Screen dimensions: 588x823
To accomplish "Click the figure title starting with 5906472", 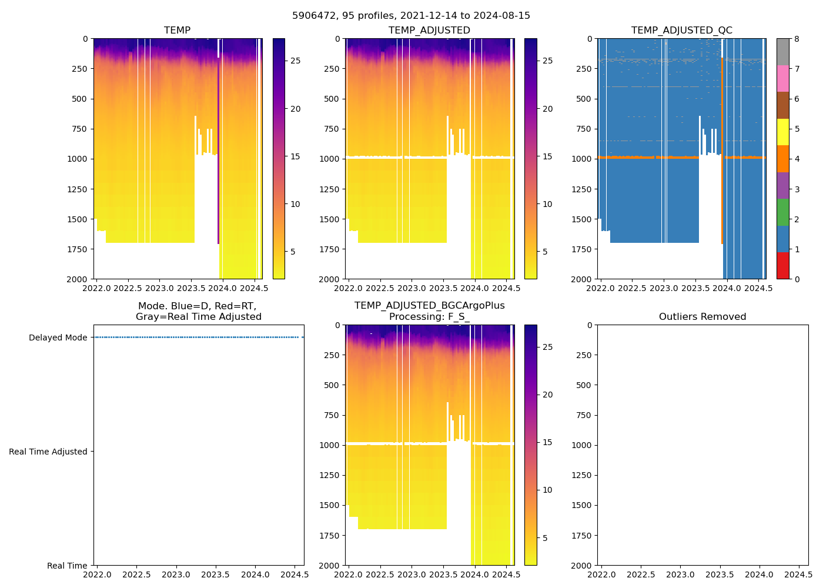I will pyautogui.click(x=411, y=16).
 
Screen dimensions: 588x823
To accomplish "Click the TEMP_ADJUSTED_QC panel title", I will pyautogui.click(x=681, y=31).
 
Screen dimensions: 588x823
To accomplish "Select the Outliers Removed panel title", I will pyautogui.click(x=702, y=317).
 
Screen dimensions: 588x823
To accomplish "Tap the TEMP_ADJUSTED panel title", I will pyautogui.click(x=429, y=31).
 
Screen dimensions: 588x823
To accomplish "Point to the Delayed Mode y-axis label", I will pyautogui.click(x=58, y=338).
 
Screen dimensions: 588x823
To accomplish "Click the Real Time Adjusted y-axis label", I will pyautogui.click(x=48, y=452).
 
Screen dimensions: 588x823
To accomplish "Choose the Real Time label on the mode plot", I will pyautogui.click(x=67, y=566).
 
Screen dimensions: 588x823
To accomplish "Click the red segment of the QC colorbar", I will pyautogui.click(x=782, y=266).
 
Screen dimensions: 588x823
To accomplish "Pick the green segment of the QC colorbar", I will pyautogui.click(x=782, y=212).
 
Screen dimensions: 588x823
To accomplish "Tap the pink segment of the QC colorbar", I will pyautogui.click(x=782, y=78).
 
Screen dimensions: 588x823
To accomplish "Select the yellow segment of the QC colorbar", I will pyautogui.click(x=782, y=132).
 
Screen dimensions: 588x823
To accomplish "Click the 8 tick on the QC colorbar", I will pyautogui.click(x=797, y=39).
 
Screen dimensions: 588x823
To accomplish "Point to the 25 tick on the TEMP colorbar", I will pyautogui.click(x=296, y=61).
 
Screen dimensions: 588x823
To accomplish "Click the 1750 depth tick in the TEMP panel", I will pyautogui.click(x=77, y=249).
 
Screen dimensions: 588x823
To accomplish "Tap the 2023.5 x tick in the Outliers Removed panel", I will pyautogui.click(x=720, y=574).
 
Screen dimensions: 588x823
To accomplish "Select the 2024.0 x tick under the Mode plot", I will pyautogui.click(x=255, y=574).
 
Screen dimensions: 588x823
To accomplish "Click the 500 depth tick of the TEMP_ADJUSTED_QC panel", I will pyautogui.click(x=584, y=99).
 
